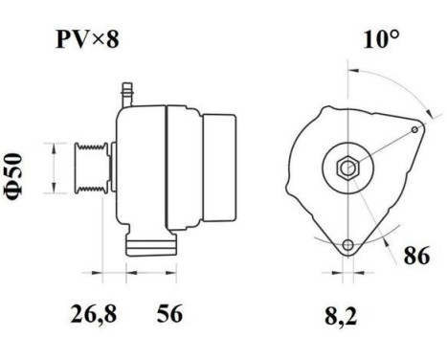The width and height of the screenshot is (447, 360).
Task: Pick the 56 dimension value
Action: click(168, 313)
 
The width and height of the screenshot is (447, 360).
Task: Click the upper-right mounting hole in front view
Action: click(414, 129)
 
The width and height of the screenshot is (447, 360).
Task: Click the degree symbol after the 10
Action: click(392, 35)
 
